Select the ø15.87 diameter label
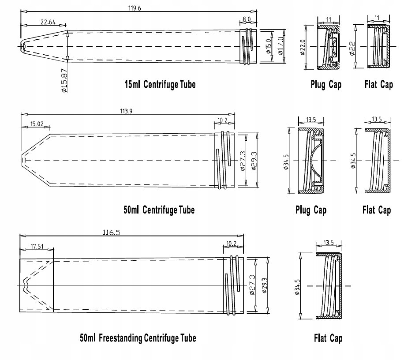point(64,80)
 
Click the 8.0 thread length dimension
point(247,19)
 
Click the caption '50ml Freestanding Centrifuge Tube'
point(138,338)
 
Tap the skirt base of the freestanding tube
point(36,285)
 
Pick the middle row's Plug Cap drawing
point(311,161)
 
